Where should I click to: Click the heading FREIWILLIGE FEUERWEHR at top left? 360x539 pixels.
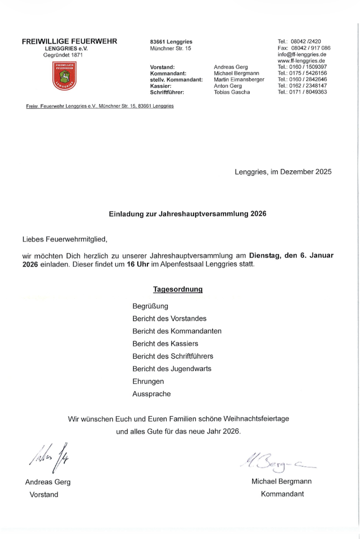(x=69, y=41)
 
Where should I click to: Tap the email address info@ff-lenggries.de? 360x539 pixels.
(x=302, y=54)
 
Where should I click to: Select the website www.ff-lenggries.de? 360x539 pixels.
(x=301, y=60)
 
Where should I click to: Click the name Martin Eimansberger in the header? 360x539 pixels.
(x=239, y=79)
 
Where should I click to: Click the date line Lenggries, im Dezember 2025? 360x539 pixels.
(x=283, y=172)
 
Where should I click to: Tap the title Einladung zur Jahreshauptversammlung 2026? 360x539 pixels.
(x=188, y=214)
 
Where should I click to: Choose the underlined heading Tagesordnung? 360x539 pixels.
(x=177, y=289)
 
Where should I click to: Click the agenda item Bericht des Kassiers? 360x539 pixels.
(x=165, y=343)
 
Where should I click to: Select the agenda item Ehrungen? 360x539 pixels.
(x=148, y=381)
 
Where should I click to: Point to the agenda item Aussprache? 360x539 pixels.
(x=151, y=394)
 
